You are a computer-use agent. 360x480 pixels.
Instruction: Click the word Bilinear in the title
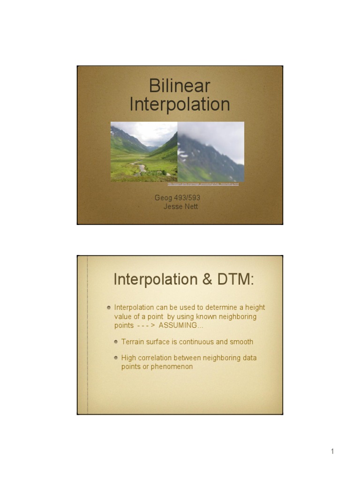180,86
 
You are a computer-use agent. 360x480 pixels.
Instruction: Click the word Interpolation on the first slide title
180,104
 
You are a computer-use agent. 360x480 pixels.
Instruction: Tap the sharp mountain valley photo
144,151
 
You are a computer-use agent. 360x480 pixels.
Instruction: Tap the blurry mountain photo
211,151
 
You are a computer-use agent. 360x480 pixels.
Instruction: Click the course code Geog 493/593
177,198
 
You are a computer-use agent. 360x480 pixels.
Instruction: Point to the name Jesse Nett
180,206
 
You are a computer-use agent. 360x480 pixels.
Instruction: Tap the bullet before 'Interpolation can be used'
109,307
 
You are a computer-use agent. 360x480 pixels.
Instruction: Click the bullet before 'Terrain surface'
116,342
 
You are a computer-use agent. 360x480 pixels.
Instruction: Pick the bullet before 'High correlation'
116,358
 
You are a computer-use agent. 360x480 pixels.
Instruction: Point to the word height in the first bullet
255,307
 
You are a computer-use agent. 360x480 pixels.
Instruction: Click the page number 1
332,451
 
